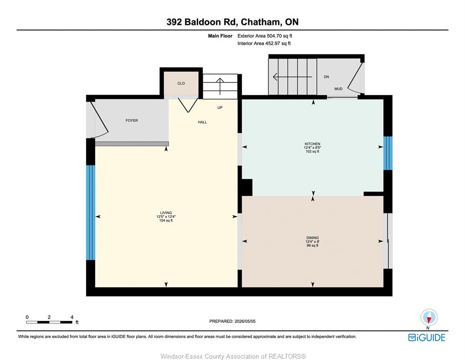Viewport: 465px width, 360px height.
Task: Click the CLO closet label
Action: point(181,83)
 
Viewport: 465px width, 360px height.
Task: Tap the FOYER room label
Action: point(132,120)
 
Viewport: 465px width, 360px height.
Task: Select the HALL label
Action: point(202,122)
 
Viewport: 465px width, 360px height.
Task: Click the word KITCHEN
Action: point(312,144)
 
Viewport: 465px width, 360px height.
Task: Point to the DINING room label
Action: point(312,238)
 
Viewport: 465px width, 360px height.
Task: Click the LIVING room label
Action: point(166,213)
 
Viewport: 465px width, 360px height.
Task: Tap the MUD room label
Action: point(339,89)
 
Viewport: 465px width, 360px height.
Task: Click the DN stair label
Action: point(326,77)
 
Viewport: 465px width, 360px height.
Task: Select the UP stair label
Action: point(220,107)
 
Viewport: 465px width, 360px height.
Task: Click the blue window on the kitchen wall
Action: point(388,153)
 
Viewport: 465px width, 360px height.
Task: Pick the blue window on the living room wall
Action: point(91,212)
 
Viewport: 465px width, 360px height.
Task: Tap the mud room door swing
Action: point(355,77)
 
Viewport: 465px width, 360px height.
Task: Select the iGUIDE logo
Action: point(427,338)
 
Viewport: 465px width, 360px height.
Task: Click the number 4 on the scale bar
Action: point(72,317)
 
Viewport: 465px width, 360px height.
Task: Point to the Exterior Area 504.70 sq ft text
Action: point(265,36)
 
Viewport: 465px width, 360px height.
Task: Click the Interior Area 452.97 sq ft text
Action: point(264,43)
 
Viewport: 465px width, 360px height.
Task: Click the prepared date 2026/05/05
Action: point(245,321)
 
